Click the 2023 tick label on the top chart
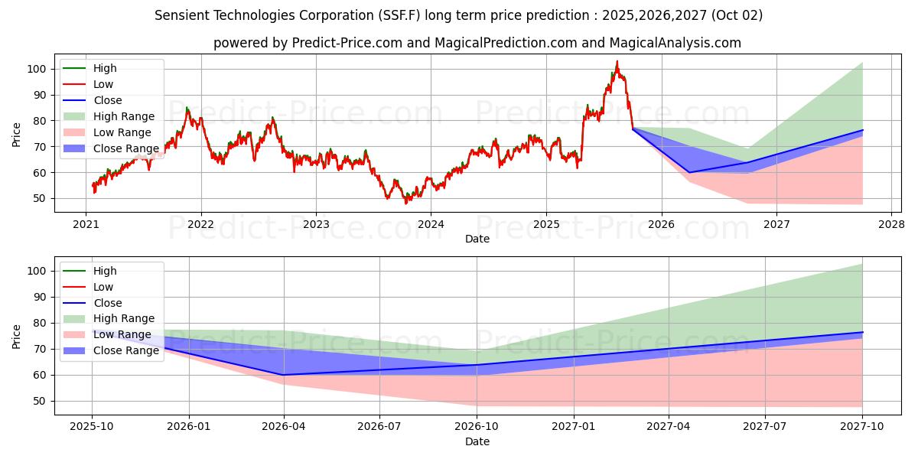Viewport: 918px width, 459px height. (x=316, y=224)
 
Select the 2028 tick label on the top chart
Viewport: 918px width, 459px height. (x=891, y=224)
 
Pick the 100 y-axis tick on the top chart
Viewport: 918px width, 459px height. (x=40, y=69)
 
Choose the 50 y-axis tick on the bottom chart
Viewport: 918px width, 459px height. (x=43, y=401)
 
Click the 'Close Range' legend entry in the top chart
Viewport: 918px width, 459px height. (x=126, y=148)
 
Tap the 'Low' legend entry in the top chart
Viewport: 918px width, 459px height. (x=103, y=84)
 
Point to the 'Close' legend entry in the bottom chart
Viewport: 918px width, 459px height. (x=107, y=303)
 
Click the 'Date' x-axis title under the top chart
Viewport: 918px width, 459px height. (x=477, y=239)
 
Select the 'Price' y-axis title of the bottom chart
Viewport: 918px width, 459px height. (x=17, y=337)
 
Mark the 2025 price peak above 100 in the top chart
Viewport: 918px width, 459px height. (x=617, y=62)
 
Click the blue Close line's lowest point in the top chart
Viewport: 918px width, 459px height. (x=689, y=172)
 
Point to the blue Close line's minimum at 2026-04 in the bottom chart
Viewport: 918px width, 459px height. (x=284, y=375)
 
